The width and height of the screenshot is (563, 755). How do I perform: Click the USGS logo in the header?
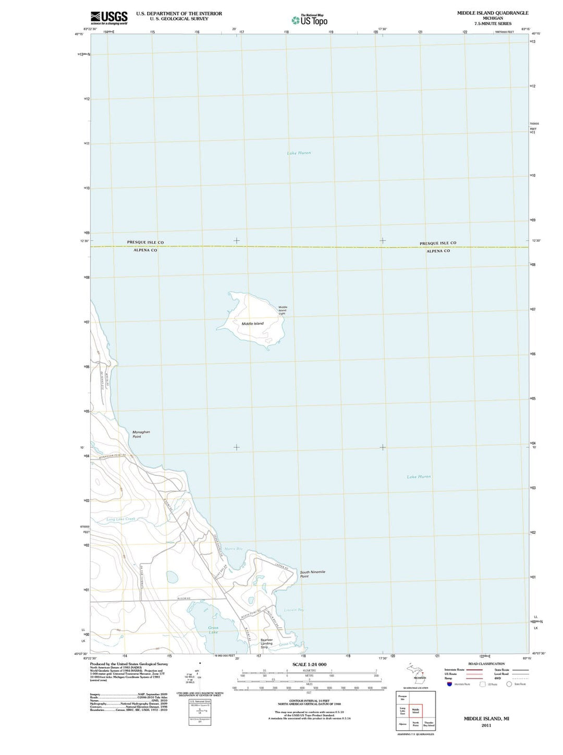pos(108,18)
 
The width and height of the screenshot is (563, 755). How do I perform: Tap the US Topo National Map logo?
pos(310,20)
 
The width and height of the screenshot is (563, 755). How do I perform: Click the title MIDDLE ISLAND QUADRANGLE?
pos(493,13)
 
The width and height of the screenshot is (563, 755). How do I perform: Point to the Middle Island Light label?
pos(283,310)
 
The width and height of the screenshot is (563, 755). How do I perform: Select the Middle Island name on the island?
pos(252,324)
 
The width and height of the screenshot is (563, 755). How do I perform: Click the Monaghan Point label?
pos(141,434)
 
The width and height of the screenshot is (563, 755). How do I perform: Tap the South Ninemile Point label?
pos(312,574)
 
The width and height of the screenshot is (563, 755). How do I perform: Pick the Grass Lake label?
pos(213,630)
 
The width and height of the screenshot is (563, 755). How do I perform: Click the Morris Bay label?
pos(233,549)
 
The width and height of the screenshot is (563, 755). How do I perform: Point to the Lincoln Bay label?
pos(294,610)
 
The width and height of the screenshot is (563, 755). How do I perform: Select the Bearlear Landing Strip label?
pos(266,643)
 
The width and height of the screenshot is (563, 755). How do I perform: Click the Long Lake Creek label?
pos(120,519)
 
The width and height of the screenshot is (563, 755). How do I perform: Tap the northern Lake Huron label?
pos(299,153)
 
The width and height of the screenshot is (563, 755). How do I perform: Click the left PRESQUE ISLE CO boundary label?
pos(145,242)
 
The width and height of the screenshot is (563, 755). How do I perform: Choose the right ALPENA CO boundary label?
pos(438,251)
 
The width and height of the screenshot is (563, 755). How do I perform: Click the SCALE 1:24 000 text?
pos(309,664)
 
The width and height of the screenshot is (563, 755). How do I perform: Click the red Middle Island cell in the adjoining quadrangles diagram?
pos(415,710)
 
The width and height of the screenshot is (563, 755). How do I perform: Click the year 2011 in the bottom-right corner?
pos(486,725)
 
